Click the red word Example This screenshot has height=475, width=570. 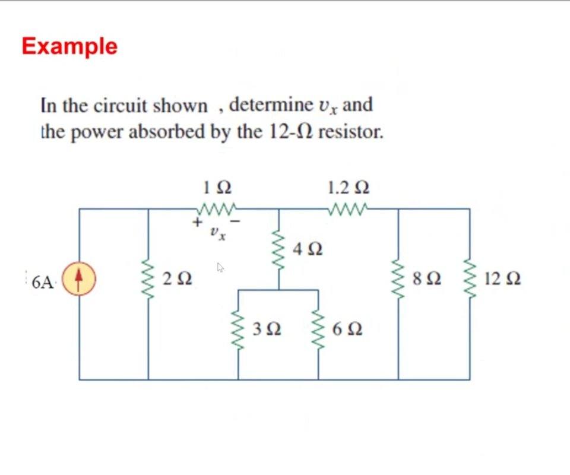[69, 46]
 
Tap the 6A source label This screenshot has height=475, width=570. [44, 282]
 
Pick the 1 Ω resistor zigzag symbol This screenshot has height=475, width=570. [217, 209]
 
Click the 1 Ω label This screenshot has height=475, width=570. [217, 188]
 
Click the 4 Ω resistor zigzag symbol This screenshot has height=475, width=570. [279, 249]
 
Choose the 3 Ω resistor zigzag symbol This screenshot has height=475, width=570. [238, 330]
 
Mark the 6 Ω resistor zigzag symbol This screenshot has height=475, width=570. [318, 330]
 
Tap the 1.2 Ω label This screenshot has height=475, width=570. [349, 188]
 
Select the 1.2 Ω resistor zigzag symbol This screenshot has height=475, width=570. [349, 209]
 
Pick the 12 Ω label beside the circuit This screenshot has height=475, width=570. [502, 278]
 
